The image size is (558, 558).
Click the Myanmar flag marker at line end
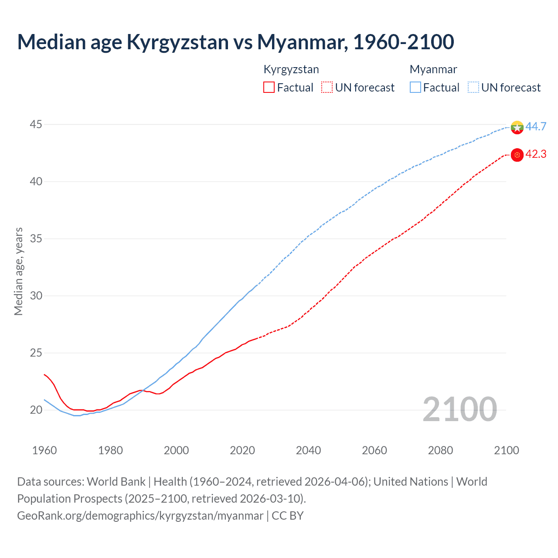click(517, 127)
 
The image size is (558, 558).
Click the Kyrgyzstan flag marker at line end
click(517, 155)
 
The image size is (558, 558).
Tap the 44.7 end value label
click(536, 126)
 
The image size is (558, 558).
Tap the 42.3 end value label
click(536, 154)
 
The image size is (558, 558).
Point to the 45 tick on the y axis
click(36, 125)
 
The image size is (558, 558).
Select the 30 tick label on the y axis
click(36, 296)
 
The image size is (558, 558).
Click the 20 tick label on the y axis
click(36, 410)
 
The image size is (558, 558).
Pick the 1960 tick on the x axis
click(44, 450)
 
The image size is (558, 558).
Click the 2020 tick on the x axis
click(242, 450)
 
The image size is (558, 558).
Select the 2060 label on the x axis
click(374, 450)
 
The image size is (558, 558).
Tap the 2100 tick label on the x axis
click(507, 450)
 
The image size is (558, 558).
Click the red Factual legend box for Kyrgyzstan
click(269, 88)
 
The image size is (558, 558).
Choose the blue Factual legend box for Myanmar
click(415, 88)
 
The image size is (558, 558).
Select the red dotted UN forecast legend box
click(327, 88)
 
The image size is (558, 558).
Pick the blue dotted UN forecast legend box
click(473, 88)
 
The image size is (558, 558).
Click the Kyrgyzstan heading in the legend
click(291, 69)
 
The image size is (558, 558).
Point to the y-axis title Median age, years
click(18, 271)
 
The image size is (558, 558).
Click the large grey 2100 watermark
click(460, 409)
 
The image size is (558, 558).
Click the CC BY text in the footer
click(288, 516)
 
